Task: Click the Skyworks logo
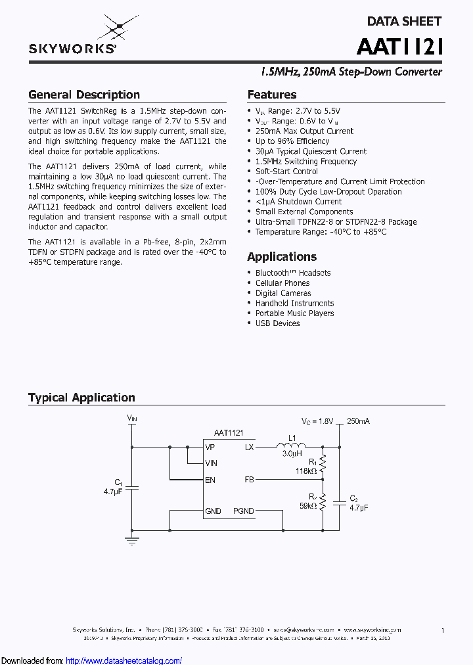72,38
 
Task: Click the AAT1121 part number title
400,47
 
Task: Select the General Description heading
84,95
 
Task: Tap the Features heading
272,95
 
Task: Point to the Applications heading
282,257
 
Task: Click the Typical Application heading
81,398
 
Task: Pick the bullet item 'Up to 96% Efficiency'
292,141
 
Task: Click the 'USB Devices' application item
277,323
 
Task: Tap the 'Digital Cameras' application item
283,293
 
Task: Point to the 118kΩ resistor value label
306,471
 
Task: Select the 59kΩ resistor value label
308,506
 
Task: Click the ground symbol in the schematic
132,541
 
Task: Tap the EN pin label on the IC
210,480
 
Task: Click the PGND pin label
243,511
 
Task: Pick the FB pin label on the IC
249,480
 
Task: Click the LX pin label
249,447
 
